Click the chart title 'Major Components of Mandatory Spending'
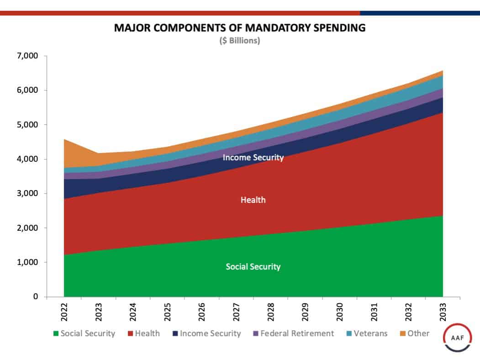pos(240,28)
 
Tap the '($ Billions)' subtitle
pos(240,41)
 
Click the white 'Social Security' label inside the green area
pos(253,267)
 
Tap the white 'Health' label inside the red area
pos(253,200)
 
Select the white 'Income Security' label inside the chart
pos(253,158)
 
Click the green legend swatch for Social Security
pos(56,334)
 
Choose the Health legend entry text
pos(147,334)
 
